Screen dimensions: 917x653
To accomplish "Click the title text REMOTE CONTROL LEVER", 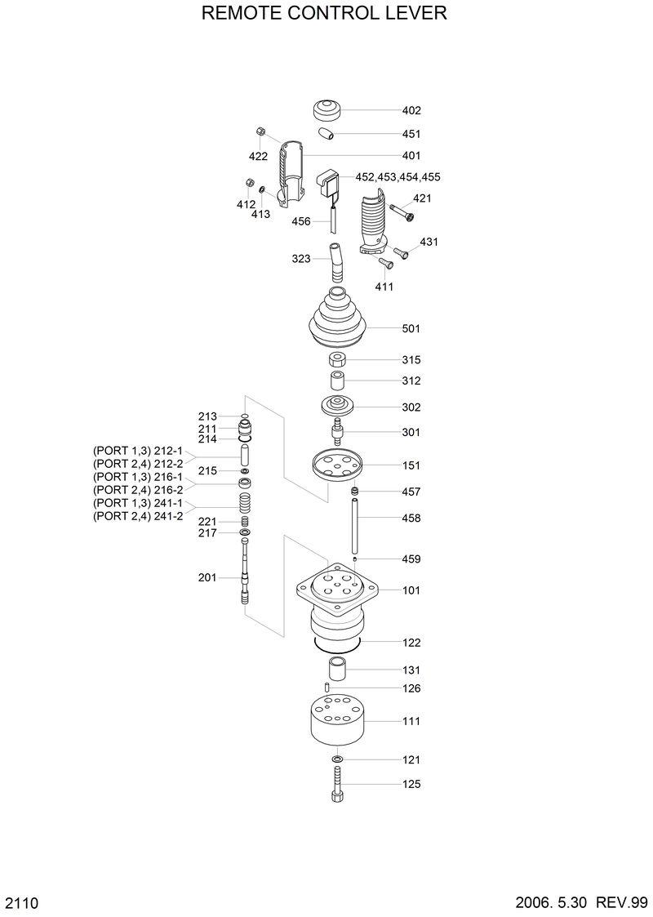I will [324, 14].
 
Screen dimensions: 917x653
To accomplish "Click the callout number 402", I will [411, 110].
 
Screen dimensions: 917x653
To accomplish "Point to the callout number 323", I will [301, 259].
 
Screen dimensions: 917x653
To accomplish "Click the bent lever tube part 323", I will [336, 260].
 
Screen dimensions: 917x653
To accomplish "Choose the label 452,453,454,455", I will [398, 177].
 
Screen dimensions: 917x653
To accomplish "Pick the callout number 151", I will [411, 465].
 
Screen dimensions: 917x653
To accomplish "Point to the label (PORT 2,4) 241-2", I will [137, 516].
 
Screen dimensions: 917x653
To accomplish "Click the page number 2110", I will [23, 902].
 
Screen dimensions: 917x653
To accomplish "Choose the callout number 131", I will [411, 670].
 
